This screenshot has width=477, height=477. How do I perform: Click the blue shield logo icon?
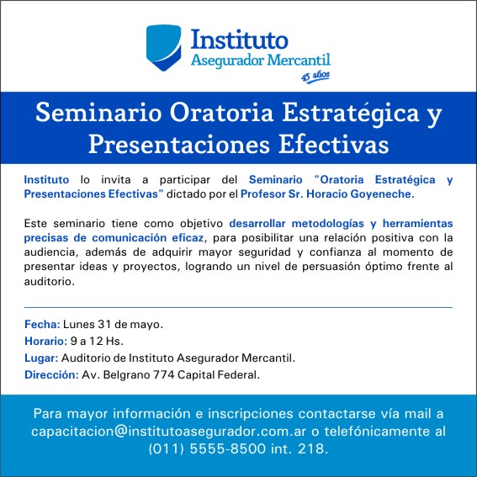tap(164, 47)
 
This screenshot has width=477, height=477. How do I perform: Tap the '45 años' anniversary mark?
tap(315, 77)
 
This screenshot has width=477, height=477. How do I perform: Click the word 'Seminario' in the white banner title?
tap(98, 113)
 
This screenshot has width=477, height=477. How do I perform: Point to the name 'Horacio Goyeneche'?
tap(360, 194)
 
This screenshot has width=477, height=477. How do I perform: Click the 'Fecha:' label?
tap(42, 324)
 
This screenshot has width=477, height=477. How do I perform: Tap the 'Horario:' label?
tap(45, 341)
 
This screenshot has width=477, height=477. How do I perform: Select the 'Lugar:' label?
tap(41, 358)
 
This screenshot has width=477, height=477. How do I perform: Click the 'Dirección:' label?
tap(51, 375)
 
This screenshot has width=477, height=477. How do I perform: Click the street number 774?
tap(164, 375)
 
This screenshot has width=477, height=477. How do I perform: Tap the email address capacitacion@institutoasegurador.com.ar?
tap(168, 432)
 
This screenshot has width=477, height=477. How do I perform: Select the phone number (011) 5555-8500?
tap(207, 448)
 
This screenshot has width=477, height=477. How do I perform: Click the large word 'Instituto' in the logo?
tap(240, 40)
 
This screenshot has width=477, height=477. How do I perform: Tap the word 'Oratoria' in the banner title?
tap(221, 113)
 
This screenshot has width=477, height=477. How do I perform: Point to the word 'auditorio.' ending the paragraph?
tap(50, 281)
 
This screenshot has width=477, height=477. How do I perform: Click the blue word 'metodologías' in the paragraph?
tap(327, 224)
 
